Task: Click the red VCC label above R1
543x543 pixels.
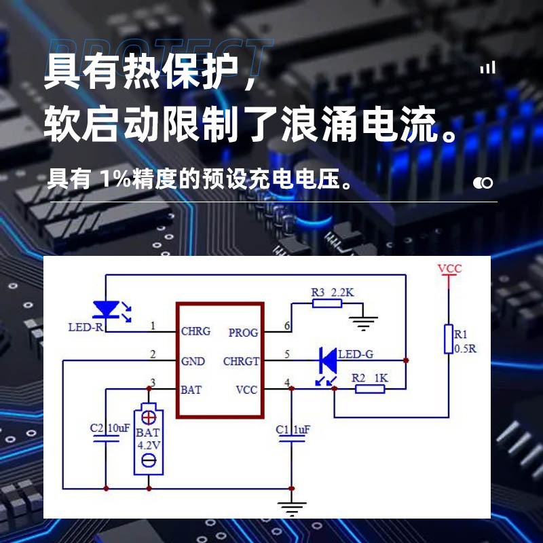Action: tap(449, 269)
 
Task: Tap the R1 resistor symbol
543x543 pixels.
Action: tap(448, 339)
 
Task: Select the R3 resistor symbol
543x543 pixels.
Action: tap(327, 303)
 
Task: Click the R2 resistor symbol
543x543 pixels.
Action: tap(370, 389)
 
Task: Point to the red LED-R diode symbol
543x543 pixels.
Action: tap(105, 310)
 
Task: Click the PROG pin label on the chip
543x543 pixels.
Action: tap(243, 333)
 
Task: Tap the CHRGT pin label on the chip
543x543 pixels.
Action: tap(241, 361)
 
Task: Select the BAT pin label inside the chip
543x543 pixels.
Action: tap(191, 390)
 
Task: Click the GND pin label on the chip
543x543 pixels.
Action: tap(193, 361)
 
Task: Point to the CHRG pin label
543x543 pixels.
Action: tap(195, 332)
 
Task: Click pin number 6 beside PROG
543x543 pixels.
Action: tap(287, 326)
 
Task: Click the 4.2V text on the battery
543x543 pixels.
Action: tap(148, 445)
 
